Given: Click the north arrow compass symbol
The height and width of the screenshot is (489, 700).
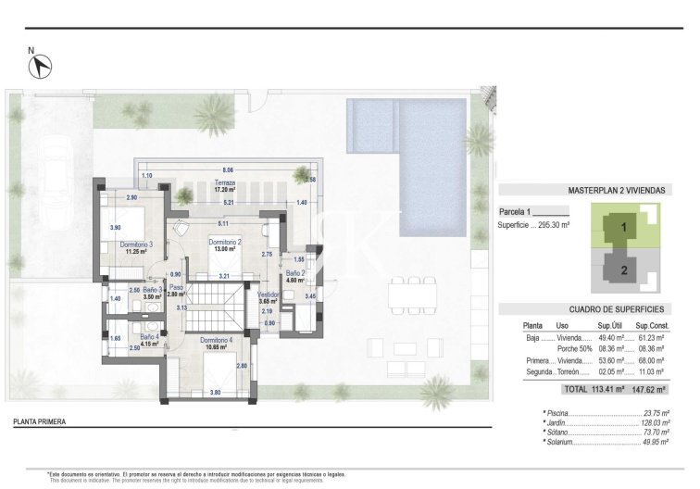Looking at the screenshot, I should click(x=41, y=66).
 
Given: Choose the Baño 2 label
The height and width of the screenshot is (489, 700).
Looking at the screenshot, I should click(x=295, y=273).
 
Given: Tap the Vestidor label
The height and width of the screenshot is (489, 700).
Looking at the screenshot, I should click(x=268, y=295).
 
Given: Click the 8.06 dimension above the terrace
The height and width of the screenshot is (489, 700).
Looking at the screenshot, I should click(x=216, y=170).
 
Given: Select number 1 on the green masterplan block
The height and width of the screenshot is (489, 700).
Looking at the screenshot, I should click(x=624, y=225).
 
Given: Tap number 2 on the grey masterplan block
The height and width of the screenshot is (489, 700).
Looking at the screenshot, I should click(x=624, y=270).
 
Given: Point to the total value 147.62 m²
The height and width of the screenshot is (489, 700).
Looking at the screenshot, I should click(x=649, y=390).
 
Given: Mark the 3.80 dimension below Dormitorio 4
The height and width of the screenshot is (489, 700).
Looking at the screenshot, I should click(x=216, y=392).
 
